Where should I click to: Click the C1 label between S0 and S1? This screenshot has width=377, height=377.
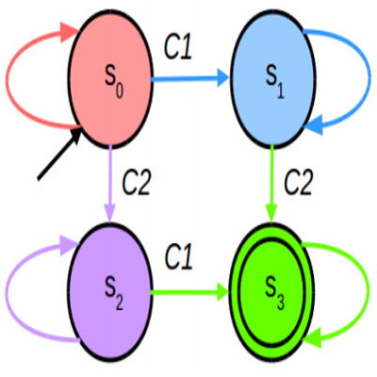178,49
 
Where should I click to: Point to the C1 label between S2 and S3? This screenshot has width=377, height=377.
178,257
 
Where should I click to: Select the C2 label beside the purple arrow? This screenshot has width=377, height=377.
137,183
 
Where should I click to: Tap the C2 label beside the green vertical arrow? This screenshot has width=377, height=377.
299,183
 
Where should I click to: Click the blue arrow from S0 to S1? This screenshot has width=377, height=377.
190,78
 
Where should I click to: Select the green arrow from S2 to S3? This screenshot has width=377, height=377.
190,292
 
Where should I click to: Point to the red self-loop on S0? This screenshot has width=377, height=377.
7,78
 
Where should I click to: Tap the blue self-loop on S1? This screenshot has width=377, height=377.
370,78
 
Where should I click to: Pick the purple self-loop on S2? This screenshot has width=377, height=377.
7,290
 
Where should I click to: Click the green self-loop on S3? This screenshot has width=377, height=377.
370,290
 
